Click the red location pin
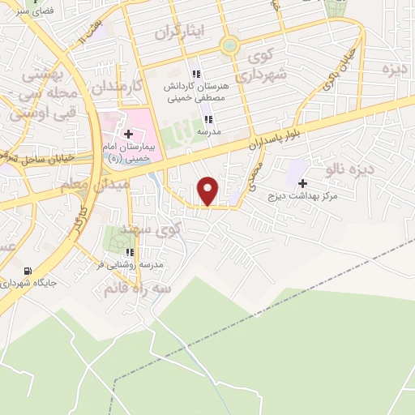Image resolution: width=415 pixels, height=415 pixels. pyautogui.click(x=208, y=190)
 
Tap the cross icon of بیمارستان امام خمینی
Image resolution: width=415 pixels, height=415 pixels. pyautogui.click(x=129, y=133)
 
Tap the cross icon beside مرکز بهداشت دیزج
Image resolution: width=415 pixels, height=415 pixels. pyautogui.click(x=303, y=183)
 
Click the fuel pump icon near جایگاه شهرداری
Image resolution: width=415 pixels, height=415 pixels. pyautogui.click(x=29, y=271)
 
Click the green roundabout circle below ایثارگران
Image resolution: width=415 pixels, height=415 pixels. pyautogui.click(x=230, y=46)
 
